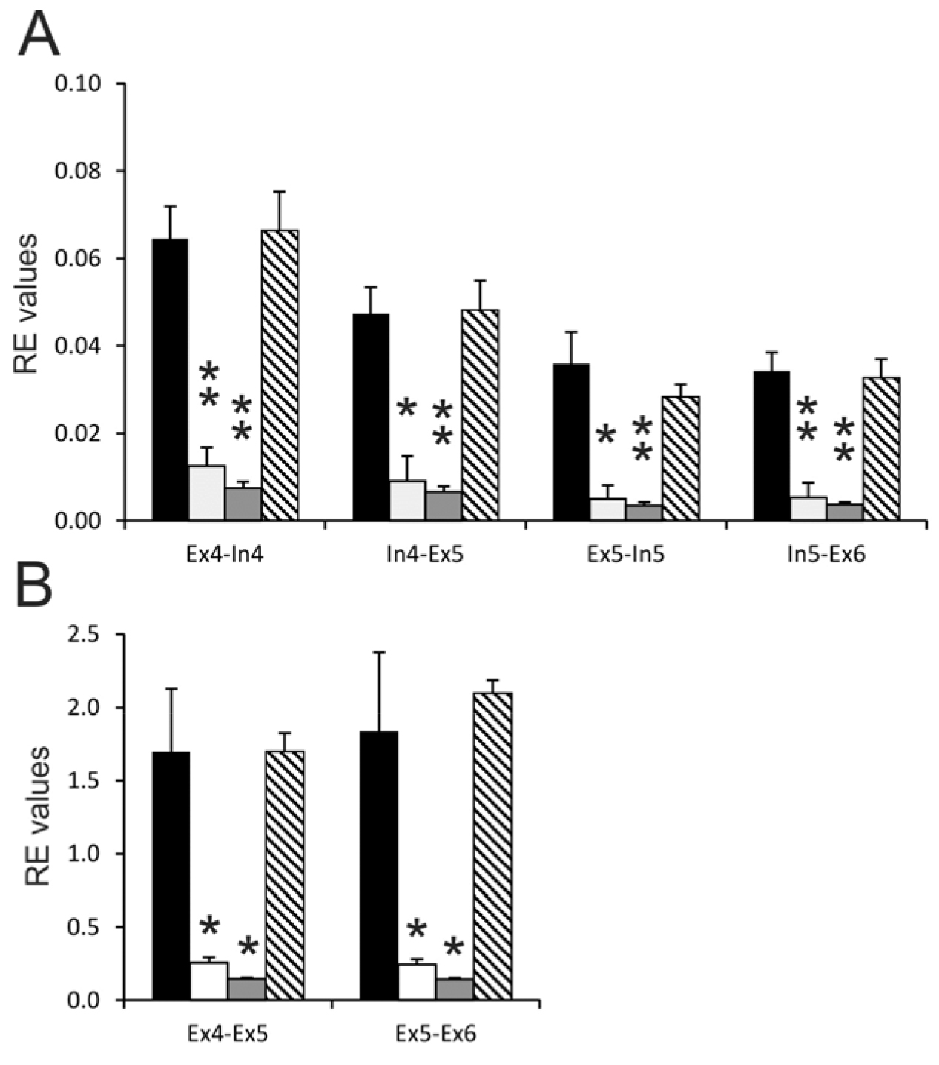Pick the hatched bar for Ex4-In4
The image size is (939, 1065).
pos(280,375)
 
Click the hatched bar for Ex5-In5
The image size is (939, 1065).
pos(681,458)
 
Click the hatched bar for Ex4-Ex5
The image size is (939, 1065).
pos(285,875)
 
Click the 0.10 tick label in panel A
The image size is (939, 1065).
pos(78,83)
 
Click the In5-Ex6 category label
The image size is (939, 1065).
pos(826,555)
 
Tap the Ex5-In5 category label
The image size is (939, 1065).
pos(626,555)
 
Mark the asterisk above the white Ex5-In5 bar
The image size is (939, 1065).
pos(606,434)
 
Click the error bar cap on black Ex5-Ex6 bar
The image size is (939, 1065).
pos(379,652)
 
